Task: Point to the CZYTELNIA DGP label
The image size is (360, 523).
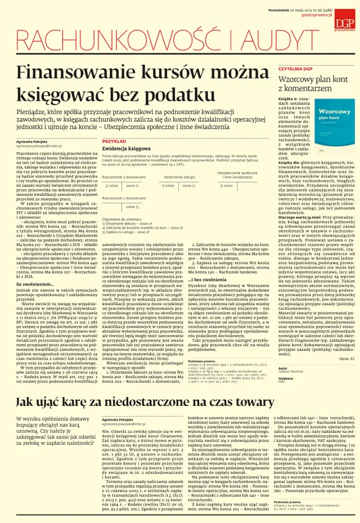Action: point(295,69)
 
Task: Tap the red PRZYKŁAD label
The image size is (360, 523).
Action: point(114,141)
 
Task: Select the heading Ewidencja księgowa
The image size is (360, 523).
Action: point(123,149)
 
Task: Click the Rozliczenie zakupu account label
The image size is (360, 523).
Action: point(180,177)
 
